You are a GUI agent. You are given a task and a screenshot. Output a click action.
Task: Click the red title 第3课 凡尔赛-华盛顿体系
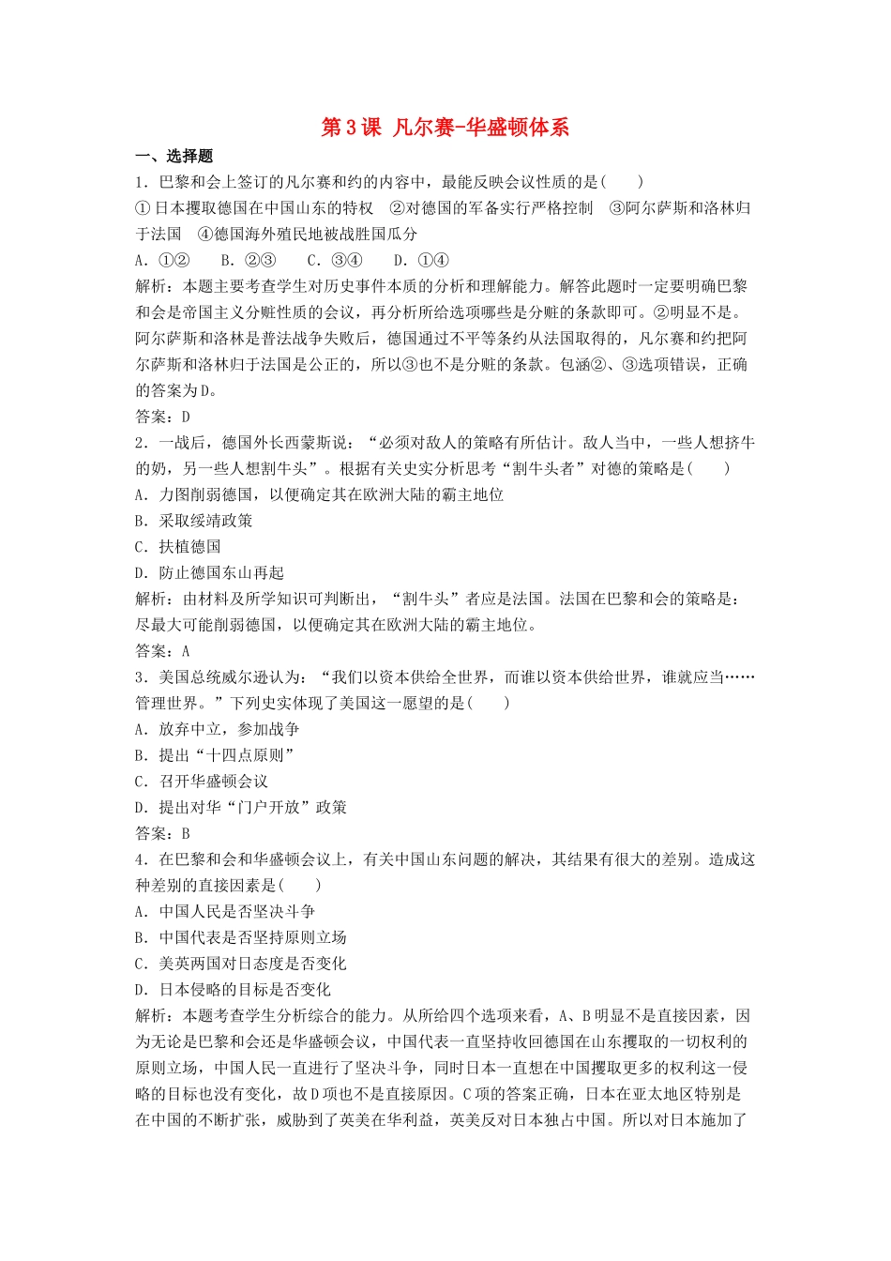(x=445, y=128)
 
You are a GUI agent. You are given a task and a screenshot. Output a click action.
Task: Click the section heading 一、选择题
(x=174, y=157)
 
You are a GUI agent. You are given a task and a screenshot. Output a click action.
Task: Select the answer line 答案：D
(x=163, y=417)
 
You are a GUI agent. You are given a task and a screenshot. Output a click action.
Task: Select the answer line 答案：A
(x=163, y=651)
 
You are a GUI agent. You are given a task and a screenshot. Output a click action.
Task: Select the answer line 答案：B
(x=163, y=833)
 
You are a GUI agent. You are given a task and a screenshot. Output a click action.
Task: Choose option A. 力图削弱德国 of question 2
(x=319, y=494)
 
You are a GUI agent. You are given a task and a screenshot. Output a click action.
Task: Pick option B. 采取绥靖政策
(x=194, y=521)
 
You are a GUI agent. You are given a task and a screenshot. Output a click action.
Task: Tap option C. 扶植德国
(x=178, y=547)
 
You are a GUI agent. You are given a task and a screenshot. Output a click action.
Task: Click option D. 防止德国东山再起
(x=209, y=573)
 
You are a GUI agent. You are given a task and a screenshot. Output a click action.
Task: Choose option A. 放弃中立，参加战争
(x=218, y=729)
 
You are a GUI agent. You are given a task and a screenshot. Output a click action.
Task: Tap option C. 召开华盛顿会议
(x=202, y=782)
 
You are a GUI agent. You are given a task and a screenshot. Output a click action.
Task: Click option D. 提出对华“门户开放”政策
(x=241, y=808)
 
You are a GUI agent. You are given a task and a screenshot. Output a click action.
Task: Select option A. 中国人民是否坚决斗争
(x=225, y=911)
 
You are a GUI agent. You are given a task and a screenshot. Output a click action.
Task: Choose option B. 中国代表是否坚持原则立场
(x=241, y=937)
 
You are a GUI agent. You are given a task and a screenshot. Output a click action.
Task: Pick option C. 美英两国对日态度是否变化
(x=241, y=964)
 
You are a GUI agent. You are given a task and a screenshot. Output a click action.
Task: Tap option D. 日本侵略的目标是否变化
(x=234, y=990)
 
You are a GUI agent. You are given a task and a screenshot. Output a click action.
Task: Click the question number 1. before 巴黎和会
(x=142, y=182)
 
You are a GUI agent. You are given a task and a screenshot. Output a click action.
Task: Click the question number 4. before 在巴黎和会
(x=142, y=859)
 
